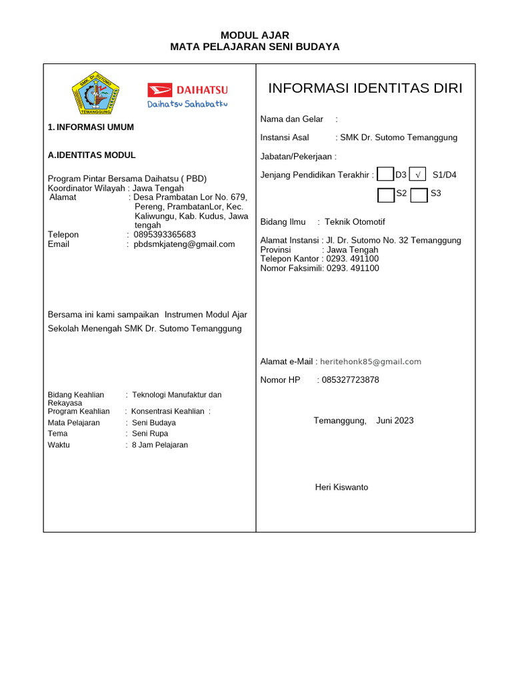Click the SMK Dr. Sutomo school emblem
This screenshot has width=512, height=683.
point(95,93)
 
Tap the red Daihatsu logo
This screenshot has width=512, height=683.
point(188,89)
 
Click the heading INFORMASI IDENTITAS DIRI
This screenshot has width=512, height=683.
point(365,89)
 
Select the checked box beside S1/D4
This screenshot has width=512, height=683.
point(417,175)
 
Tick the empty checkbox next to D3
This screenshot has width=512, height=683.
point(385,175)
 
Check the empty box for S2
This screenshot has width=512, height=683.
point(386,195)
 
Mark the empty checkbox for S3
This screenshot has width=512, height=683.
point(419,195)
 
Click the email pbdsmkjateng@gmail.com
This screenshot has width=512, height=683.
point(184,244)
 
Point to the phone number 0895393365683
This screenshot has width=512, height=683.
point(165,235)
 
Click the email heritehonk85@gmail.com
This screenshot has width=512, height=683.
point(371,362)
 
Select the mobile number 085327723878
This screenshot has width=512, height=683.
point(350,380)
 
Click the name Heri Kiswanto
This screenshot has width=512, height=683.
point(341,488)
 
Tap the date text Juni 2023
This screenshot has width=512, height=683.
point(395,420)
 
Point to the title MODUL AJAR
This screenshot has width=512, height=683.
point(255,35)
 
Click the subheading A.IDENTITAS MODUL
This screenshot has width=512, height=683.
point(92,155)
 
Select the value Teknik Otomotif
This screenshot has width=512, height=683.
point(355,222)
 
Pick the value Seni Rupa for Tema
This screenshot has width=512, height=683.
point(150,434)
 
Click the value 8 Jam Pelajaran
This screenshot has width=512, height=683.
point(160,445)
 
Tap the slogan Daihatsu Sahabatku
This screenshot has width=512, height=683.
point(187,104)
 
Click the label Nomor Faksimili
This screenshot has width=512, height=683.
point(291,269)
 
